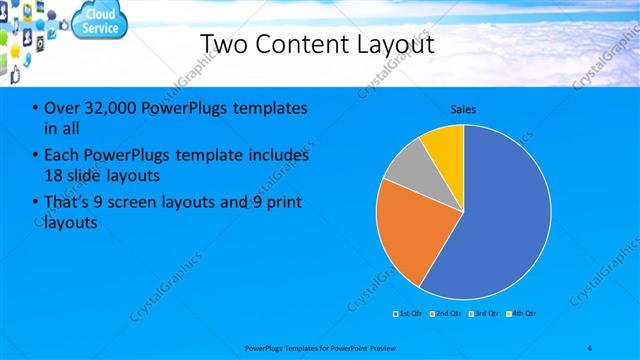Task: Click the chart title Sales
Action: (x=463, y=108)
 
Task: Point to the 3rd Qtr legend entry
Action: (x=482, y=313)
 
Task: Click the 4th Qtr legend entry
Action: (x=521, y=313)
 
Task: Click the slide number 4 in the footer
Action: (x=590, y=347)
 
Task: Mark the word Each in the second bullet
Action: (x=62, y=155)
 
